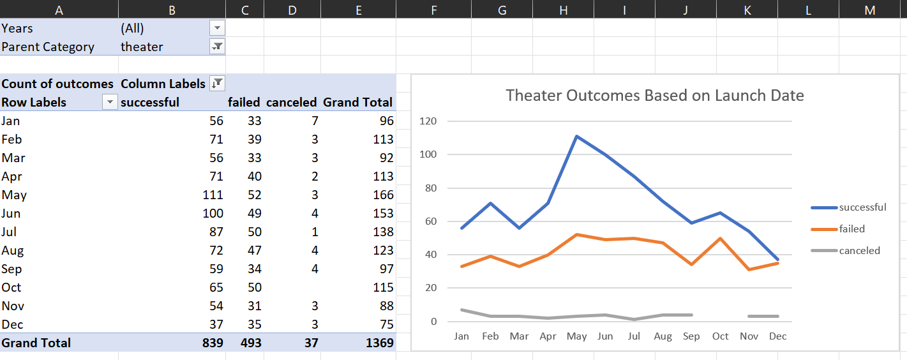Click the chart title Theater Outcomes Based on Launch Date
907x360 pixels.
click(x=654, y=96)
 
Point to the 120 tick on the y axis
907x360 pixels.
click(x=429, y=121)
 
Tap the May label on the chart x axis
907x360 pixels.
click(x=576, y=336)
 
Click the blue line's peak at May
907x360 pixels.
click(x=576, y=136)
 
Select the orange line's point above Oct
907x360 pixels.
click(x=721, y=238)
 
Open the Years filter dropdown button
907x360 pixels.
click(x=218, y=28)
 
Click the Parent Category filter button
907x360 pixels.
click(x=218, y=47)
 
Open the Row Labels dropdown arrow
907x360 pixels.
click(x=110, y=102)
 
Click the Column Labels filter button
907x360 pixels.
click(x=218, y=83)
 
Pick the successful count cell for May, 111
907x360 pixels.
click(x=211, y=195)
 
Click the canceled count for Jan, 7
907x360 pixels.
click(x=313, y=121)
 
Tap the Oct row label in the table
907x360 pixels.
click(x=11, y=287)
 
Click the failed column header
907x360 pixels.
click(x=244, y=102)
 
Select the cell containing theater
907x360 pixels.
click(x=142, y=47)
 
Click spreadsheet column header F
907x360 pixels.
click(x=434, y=9)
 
